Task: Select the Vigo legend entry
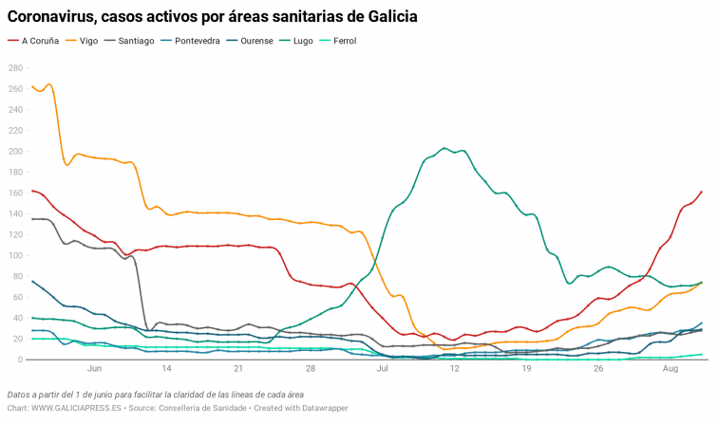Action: pyautogui.click(x=88, y=41)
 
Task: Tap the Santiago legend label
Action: pyautogui.click(x=137, y=41)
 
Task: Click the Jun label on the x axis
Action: pyautogui.click(x=94, y=368)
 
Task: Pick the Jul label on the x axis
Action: pyautogui.click(x=383, y=368)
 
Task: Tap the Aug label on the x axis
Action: pyautogui.click(x=671, y=368)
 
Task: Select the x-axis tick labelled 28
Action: pyautogui.click(x=311, y=368)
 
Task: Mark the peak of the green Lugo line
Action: pyautogui.click(x=444, y=148)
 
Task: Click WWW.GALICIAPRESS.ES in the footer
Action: pyautogui.click(x=74, y=409)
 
